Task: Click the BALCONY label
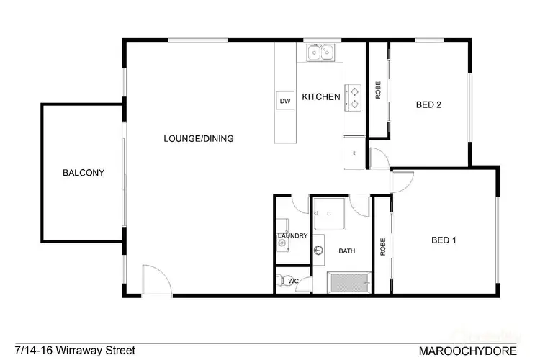coord(84,173)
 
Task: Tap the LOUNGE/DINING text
coord(198,139)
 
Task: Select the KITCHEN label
coord(320,97)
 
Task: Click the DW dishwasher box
coord(285,102)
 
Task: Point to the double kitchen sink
coord(319,53)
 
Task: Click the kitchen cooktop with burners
coord(354,97)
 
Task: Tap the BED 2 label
coord(428,105)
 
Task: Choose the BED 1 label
coord(444,240)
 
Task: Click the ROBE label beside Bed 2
coord(378,91)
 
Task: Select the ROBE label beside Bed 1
coord(383,247)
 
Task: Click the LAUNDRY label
coord(292,236)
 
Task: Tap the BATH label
coord(347,251)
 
